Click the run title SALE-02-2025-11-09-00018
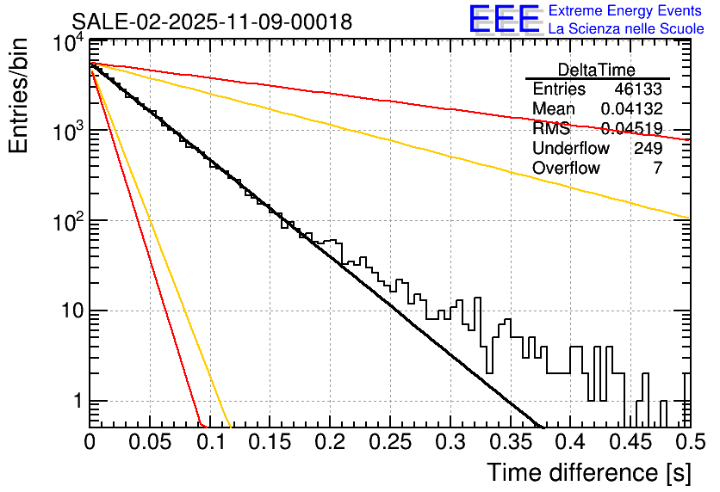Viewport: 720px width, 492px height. click(x=212, y=22)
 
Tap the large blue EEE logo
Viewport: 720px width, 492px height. click(x=505, y=19)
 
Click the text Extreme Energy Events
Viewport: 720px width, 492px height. click(x=626, y=10)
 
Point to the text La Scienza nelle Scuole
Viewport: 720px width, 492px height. click(x=626, y=28)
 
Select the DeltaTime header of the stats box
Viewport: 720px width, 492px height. click(x=597, y=70)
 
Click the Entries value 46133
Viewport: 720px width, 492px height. click(x=638, y=89)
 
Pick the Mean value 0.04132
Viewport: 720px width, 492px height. click(x=631, y=109)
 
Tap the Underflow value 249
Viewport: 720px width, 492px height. click(x=648, y=149)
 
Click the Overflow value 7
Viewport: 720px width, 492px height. click(x=657, y=169)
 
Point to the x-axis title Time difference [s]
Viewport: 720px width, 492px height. click(x=588, y=473)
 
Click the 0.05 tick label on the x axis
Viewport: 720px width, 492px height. click(x=150, y=442)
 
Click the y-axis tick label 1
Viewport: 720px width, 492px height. click(x=77, y=401)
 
